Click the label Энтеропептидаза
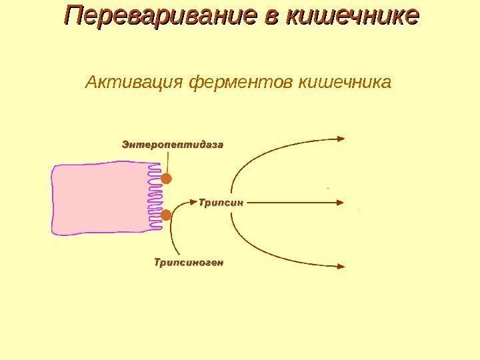(x=172, y=143)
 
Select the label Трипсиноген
(x=189, y=262)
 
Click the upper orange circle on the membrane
(x=167, y=179)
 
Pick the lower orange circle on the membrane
(x=167, y=215)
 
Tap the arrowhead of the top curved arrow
(x=341, y=139)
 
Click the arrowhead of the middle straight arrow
(x=341, y=200)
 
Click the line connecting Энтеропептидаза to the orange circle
(x=168, y=162)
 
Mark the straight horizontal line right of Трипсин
(x=293, y=200)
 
